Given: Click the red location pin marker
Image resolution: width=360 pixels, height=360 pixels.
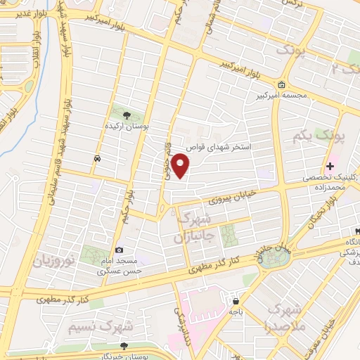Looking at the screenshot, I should pyautogui.click(x=181, y=167).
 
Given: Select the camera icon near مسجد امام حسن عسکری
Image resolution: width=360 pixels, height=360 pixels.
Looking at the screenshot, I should pyautogui.click(x=119, y=250).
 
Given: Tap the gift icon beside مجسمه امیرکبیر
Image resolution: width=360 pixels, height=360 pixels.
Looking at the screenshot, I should pyautogui.click(x=281, y=86).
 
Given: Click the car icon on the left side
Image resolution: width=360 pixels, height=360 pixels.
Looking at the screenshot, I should pyautogui.click(x=95, y=159).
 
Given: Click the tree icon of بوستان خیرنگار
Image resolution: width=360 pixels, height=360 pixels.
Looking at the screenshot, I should pyautogui.click(x=124, y=346).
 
